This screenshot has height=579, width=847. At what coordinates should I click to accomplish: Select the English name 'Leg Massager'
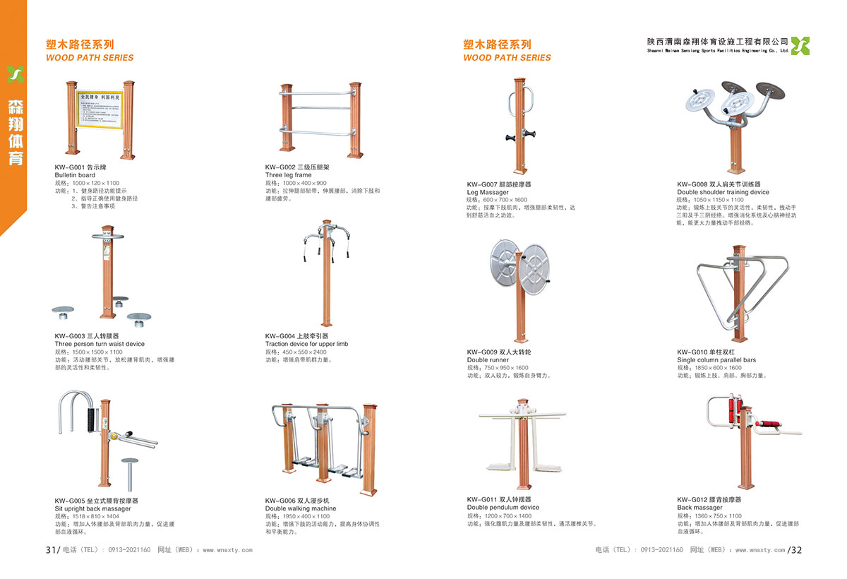[488, 192]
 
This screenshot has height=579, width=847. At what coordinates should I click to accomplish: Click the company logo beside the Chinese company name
[800, 45]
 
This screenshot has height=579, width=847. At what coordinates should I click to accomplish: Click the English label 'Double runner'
[488, 360]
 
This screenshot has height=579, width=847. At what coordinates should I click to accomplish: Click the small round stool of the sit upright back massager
[130, 462]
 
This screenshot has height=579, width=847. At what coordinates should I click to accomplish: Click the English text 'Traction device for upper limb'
[306, 344]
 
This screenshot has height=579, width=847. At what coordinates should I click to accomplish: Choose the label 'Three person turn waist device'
[100, 344]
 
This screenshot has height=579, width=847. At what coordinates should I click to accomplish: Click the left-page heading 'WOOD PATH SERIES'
[90, 58]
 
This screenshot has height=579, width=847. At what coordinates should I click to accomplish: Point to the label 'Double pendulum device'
[503, 508]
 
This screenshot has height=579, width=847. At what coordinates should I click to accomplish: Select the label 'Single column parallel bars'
[716, 360]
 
